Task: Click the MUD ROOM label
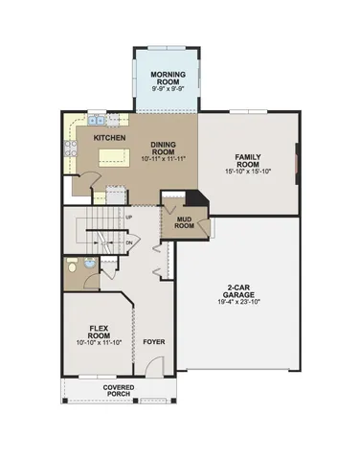[x=184, y=223]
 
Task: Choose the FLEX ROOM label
[x=97, y=331]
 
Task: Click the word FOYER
[x=153, y=341]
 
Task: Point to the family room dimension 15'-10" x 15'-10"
[x=250, y=172]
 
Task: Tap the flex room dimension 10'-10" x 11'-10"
[x=97, y=342]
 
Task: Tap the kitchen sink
[x=97, y=121]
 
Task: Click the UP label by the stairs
[x=129, y=217]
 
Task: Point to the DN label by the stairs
[x=129, y=243]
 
